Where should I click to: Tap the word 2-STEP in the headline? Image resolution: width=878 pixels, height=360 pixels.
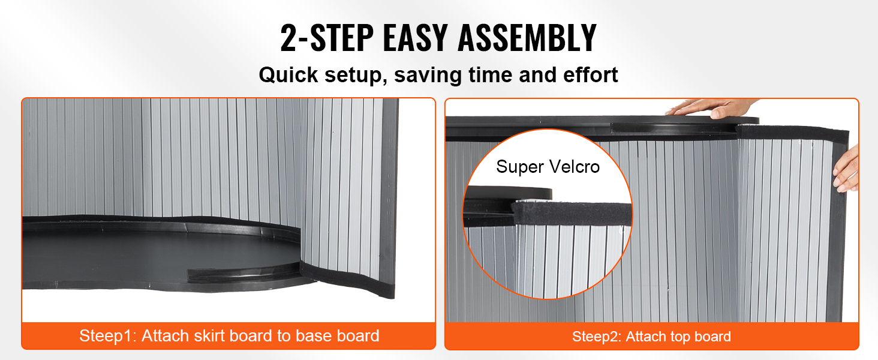coord(327,38)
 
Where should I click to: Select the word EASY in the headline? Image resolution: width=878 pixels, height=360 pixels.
coord(415,38)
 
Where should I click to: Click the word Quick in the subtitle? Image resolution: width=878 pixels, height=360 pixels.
coord(288,74)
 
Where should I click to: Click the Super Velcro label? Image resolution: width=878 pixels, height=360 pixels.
coord(548,167)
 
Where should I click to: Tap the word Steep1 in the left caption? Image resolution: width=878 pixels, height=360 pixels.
coord(107,336)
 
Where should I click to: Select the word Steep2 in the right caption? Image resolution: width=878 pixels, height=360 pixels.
coord(596,337)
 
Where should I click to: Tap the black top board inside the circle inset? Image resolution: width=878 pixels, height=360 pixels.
coord(508,193)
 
